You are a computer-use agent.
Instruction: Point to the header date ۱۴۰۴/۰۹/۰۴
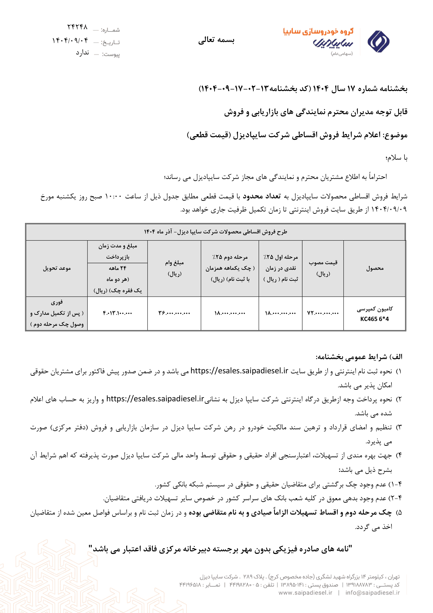pos(70,41)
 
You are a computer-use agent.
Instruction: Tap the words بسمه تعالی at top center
pos(216,40)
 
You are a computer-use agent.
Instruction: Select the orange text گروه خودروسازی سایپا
pos(318,32)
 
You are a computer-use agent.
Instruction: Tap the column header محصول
pos(375,268)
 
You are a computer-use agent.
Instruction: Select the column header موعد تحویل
pos(57,268)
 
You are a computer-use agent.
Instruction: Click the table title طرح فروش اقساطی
pos(216,232)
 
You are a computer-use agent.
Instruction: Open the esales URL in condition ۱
pos(239,371)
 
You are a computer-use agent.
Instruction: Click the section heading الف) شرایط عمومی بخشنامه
pos(359,357)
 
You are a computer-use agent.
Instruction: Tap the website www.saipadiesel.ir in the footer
pos(305,593)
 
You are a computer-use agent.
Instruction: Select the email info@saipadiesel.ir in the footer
pos(372,593)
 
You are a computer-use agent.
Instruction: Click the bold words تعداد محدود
pos(262,196)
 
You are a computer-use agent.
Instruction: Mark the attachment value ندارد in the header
pos(82,53)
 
